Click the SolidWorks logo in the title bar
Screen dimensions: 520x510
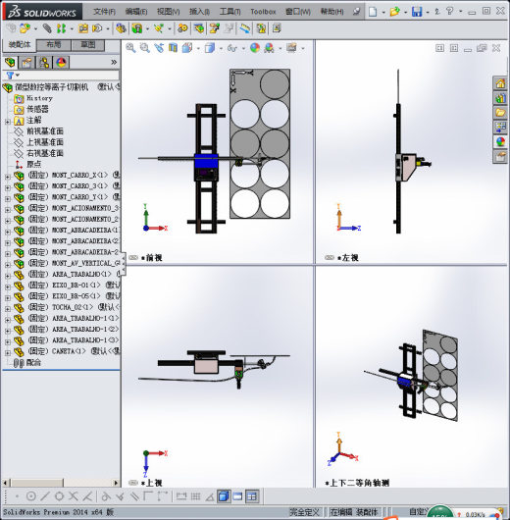[36, 11]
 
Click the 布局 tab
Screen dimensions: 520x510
[53, 45]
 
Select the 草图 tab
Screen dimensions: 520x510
[88, 45]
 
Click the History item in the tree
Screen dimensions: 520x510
[39, 98]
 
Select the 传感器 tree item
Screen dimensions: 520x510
[37, 109]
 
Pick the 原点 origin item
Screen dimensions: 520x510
[34, 164]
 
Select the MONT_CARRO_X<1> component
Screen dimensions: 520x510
[74, 175]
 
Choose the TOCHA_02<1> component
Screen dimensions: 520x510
[69, 307]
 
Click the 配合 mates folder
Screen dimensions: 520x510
[33, 362]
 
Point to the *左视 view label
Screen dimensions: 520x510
[347, 258]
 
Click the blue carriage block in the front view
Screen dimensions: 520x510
[207, 164]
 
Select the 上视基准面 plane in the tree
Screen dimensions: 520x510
[45, 142]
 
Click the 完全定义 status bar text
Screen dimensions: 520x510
[304, 512]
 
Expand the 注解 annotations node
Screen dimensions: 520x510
[8, 121]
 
